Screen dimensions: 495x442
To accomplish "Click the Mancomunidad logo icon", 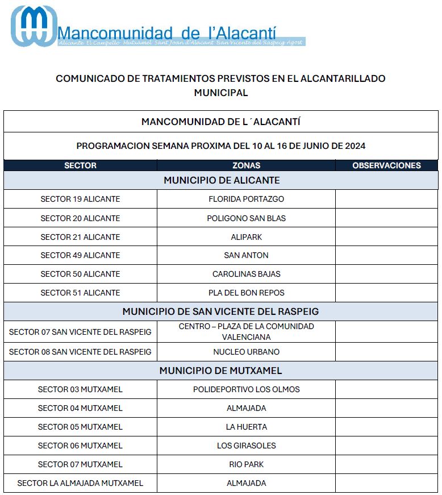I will click(34, 26).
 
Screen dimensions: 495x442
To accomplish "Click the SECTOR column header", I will click(80, 165).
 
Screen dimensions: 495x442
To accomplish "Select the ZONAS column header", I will click(246, 165).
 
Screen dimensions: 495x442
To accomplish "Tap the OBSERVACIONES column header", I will click(386, 165).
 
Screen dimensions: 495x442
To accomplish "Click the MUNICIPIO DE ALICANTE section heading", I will click(222, 180).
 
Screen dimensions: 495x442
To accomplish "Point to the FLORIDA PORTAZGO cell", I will click(246, 199).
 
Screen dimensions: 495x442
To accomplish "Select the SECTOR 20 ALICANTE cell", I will click(80, 218).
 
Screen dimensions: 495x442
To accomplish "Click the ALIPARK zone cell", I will click(246, 237).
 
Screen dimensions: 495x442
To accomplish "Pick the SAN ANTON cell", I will click(246, 255).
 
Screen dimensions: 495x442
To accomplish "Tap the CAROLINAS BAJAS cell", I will click(246, 274).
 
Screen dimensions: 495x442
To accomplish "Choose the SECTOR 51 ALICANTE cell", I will click(80, 293).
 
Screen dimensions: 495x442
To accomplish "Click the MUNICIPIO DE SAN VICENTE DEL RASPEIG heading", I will click(220, 311).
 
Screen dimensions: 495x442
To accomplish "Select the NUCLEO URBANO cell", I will click(246, 352).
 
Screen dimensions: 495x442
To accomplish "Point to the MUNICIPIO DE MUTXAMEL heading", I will click(220, 371).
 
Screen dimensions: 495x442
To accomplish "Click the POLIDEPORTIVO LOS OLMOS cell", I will click(246, 389).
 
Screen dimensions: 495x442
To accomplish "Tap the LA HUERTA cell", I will click(246, 427).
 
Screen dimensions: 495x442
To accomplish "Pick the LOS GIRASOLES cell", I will click(246, 446).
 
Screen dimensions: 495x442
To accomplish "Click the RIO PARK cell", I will click(246, 464).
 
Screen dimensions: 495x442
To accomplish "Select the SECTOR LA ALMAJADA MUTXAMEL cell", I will click(80, 483).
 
